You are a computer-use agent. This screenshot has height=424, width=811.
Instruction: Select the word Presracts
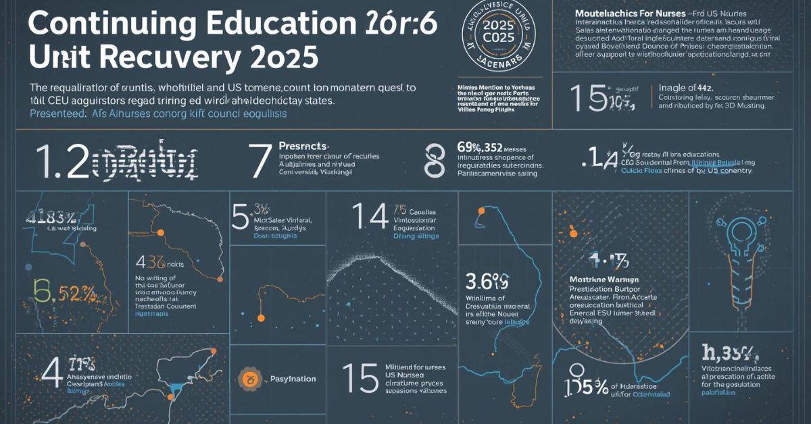click(x=303, y=145)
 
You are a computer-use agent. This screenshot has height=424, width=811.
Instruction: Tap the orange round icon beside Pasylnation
click(x=249, y=379)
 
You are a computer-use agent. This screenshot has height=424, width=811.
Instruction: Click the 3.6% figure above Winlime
click(x=487, y=280)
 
